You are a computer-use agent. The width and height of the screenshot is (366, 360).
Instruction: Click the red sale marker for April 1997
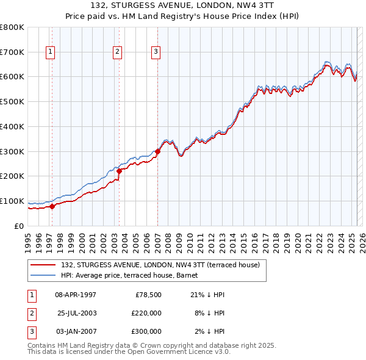point(52,206)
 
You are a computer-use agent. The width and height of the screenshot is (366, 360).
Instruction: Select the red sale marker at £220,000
point(119,171)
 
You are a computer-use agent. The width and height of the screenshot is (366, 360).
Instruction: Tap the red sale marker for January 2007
point(157,151)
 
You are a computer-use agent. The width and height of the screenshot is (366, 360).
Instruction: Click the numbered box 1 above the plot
point(49,52)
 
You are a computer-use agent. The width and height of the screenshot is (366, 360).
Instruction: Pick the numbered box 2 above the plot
point(117,52)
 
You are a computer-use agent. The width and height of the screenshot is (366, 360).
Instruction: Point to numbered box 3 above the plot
point(156,52)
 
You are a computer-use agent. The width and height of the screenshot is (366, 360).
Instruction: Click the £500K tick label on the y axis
point(12,101)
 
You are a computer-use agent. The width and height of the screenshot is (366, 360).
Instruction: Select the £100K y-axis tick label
point(12,201)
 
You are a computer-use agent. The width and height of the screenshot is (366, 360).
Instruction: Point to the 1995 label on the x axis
point(28,241)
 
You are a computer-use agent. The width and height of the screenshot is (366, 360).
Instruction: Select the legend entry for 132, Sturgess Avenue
point(160,265)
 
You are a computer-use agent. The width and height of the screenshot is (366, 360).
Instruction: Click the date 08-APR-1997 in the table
point(76,295)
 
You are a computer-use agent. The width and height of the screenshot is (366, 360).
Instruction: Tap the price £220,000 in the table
point(146,313)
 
